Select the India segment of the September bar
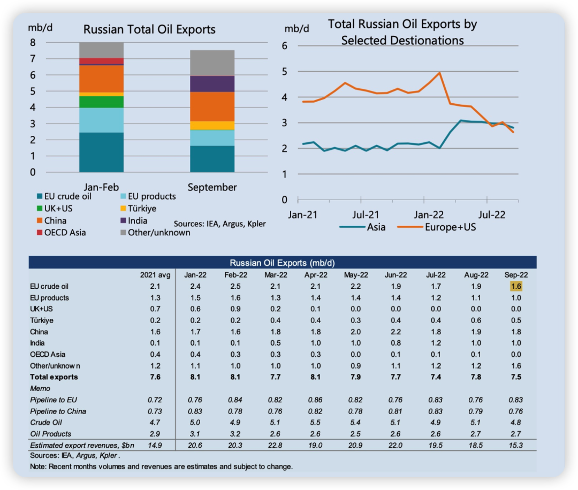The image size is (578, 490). pyautogui.click(x=212, y=84)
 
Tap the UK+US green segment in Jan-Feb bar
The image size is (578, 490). pyautogui.click(x=101, y=102)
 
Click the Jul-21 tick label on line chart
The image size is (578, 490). pyautogui.click(x=367, y=215)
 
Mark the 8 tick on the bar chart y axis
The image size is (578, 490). pyautogui.click(x=32, y=43)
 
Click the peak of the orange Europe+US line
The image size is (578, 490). pyautogui.click(x=439, y=72)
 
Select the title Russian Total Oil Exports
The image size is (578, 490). pyautogui.click(x=149, y=30)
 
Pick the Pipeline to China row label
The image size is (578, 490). pyautogui.click(x=58, y=411)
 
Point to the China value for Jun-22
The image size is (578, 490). pyautogui.click(x=396, y=332)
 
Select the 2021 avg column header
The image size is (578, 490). pyautogui.click(x=155, y=275)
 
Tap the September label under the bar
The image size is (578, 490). pyautogui.click(x=212, y=187)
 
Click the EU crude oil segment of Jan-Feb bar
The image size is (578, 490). pyautogui.click(x=101, y=152)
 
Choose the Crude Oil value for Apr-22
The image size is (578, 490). pyautogui.click(x=314, y=423)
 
